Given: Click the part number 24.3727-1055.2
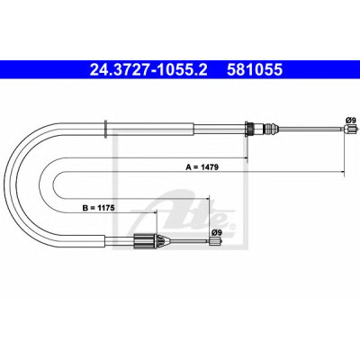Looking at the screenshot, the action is (x=148, y=70).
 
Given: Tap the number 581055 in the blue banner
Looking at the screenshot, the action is (x=255, y=70).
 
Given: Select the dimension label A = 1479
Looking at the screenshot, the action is (x=202, y=167).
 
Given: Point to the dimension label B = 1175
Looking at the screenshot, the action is (x=98, y=208).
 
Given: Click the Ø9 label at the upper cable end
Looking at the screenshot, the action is (x=351, y=120).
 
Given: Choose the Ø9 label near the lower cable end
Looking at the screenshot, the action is (x=217, y=232).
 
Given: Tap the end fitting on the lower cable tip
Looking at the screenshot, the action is (x=215, y=240).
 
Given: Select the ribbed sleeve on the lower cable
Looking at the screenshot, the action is (x=145, y=240).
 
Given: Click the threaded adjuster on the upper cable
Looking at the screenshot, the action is (x=269, y=130).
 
